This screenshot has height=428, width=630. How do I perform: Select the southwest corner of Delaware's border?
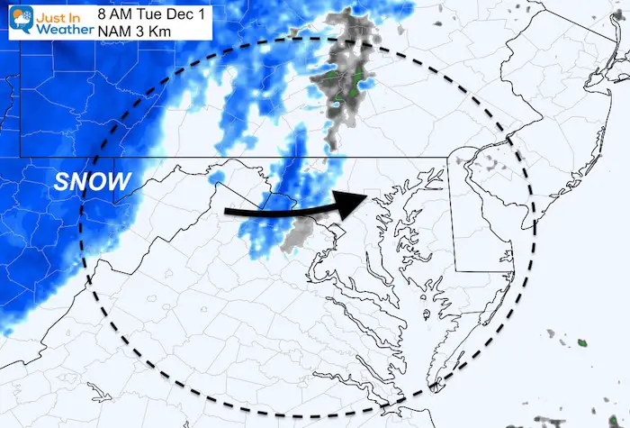click(455, 269)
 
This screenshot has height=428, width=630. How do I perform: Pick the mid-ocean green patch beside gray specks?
click(581, 342)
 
